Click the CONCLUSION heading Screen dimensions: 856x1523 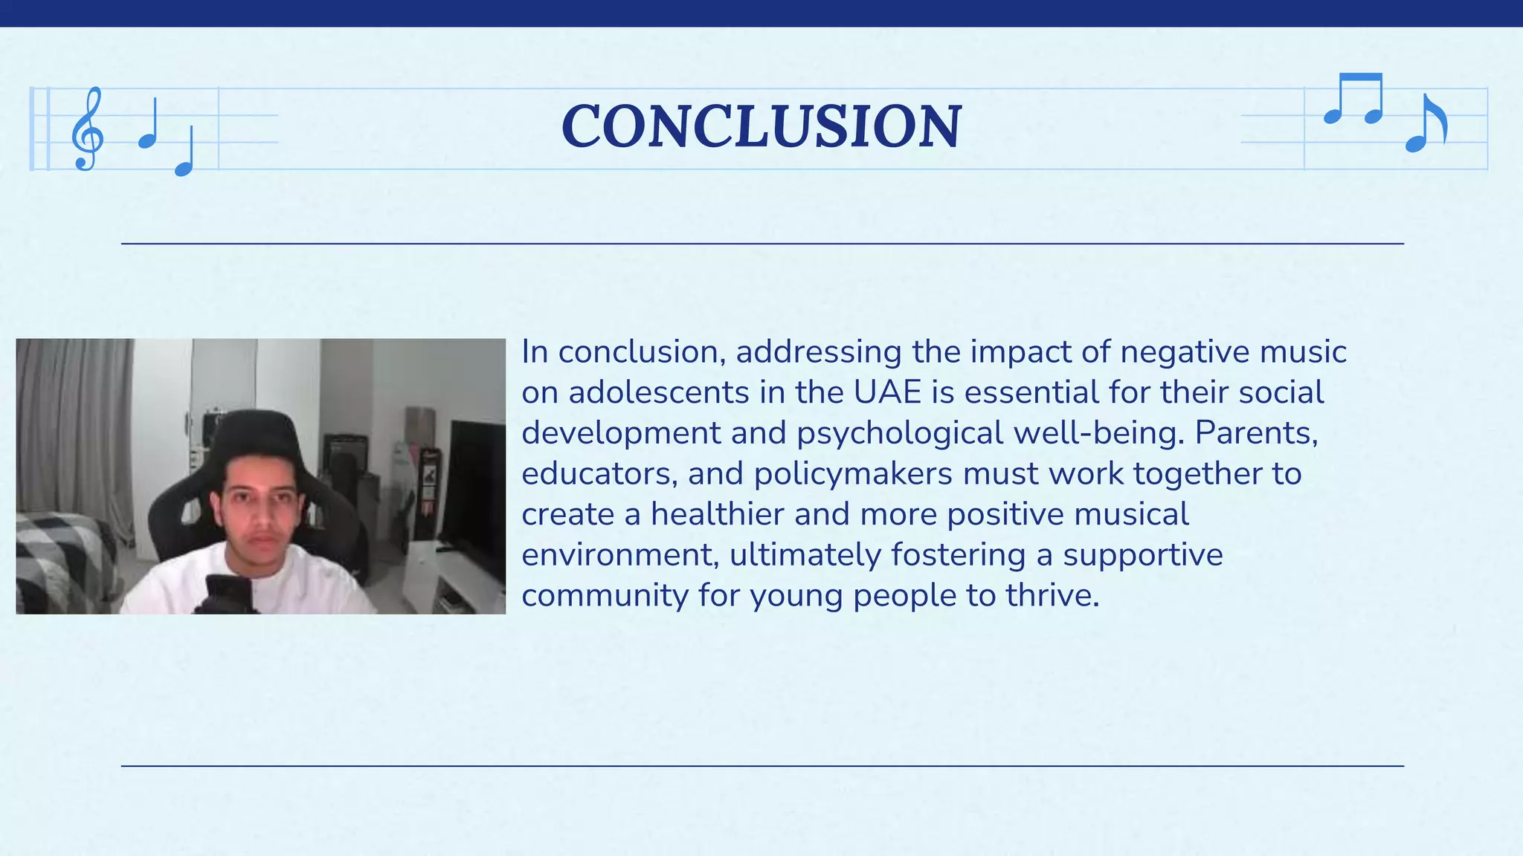(x=761, y=126)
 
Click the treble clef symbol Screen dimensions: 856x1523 (x=87, y=129)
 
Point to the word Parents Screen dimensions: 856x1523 (x=1256, y=433)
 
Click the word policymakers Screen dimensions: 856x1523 (x=853, y=474)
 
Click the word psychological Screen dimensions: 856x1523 (x=900, y=433)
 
